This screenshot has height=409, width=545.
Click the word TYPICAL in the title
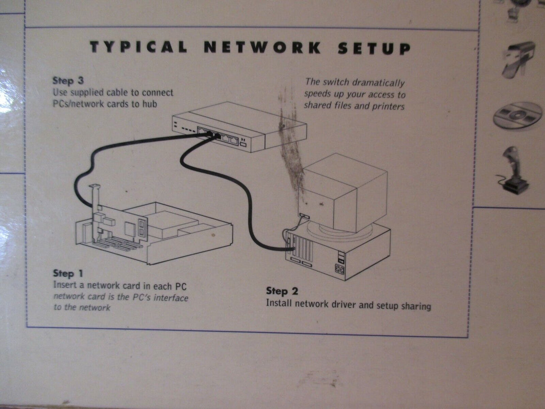138,47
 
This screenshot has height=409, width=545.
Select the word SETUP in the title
374,48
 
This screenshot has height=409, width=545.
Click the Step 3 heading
68,81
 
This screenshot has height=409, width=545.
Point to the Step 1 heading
68,273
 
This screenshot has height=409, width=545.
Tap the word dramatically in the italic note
379,83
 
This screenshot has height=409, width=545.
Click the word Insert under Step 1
65,285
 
